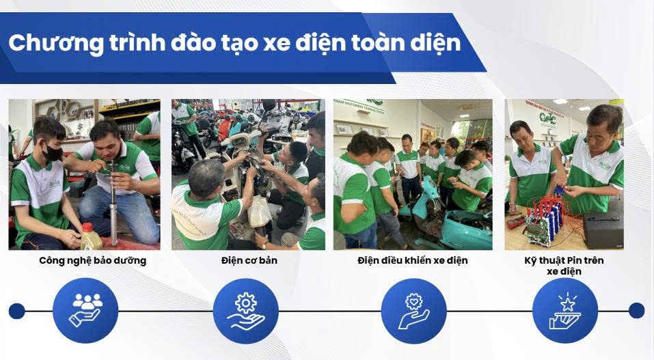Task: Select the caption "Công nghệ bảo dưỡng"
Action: coord(92,261)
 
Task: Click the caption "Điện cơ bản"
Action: coord(249,260)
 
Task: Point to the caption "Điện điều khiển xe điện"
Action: coord(413,260)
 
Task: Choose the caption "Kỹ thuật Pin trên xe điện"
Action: coord(564,266)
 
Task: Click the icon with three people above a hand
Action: coord(85,310)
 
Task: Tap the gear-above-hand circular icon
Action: coord(245,311)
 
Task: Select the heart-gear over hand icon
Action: coord(413,311)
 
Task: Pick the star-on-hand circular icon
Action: coord(565,311)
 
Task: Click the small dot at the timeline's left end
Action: coord(16,311)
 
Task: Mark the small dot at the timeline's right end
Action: coord(636,311)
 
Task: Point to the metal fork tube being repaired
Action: coord(113,201)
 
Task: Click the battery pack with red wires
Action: coord(542,219)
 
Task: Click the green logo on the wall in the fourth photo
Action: coord(547,118)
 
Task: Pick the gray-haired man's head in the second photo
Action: coord(206,175)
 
